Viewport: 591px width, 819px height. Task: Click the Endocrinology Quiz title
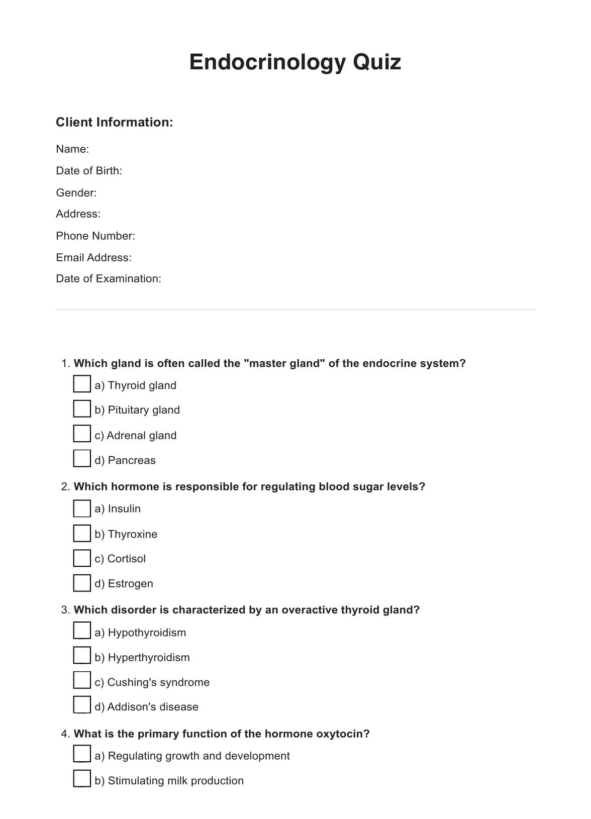click(x=295, y=62)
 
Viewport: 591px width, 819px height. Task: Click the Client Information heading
click(x=114, y=122)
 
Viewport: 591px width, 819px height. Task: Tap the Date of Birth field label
click(x=89, y=171)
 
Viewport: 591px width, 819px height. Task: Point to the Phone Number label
click(x=95, y=236)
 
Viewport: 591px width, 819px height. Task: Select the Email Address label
click(x=93, y=257)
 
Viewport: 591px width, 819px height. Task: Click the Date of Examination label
click(x=109, y=278)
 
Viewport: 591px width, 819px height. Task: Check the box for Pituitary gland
click(x=82, y=408)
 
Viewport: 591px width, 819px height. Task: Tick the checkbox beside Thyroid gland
click(x=82, y=384)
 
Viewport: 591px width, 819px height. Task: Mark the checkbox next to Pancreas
click(x=82, y=458)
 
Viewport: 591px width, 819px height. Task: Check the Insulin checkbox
click(x=82, y=508)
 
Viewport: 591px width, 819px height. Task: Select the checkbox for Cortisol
click(x=82, y=558)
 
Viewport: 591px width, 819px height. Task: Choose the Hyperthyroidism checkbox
click(x=82, y=656)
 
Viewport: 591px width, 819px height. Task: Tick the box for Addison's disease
click(x=82, y=705)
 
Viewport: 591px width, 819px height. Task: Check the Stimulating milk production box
click(x=82, y=779)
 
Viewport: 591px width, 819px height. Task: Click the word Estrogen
click(x=131, y=583)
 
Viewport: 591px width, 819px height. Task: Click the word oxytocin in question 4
click(x=340, y=734)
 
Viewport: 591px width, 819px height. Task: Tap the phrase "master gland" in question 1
click(x=284, y=363)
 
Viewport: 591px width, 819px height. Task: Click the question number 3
click(x=65, y=610)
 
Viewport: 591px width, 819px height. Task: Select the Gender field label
click(x=76, y=192)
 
